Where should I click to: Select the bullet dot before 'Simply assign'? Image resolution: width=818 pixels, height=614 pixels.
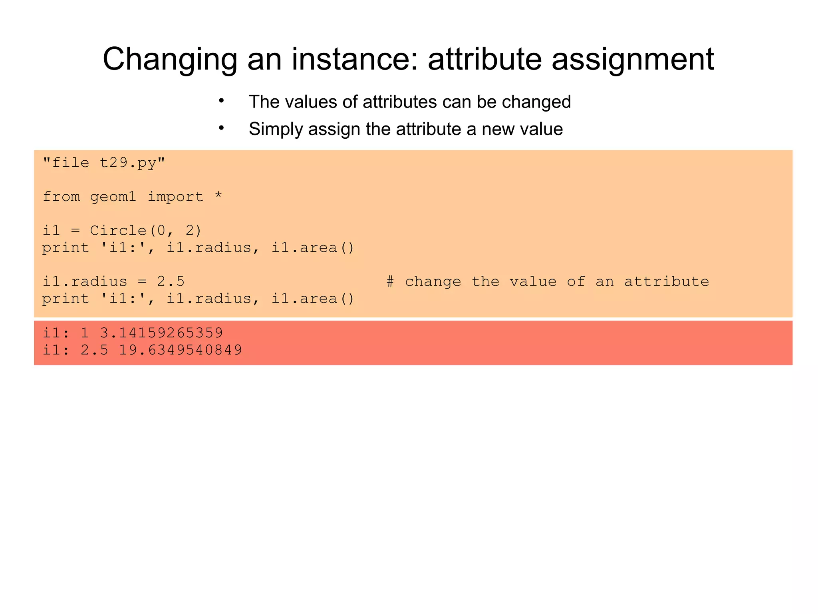pos(221,128)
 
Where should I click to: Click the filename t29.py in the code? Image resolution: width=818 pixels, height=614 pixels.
pos(128,163)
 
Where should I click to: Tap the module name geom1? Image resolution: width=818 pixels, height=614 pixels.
pos(113,197)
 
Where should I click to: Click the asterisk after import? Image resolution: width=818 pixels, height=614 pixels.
pos(218,196)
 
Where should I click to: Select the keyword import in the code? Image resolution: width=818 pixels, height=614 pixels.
pos(175,197)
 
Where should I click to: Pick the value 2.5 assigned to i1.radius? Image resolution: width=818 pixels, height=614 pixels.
pos(171,281)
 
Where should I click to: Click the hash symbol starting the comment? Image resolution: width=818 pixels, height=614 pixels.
pos(390,281)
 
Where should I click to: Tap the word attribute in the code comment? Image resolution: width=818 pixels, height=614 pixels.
pos(666,281)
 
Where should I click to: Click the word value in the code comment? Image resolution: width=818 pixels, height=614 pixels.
pos(533,281)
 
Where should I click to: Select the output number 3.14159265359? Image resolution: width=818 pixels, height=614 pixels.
pos(161,333)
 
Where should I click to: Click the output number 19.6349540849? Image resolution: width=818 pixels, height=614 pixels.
pos(181,350)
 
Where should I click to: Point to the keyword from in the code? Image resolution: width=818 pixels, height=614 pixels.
pos(61,197)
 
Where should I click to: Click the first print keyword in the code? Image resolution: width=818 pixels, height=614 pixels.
pos(66,248)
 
